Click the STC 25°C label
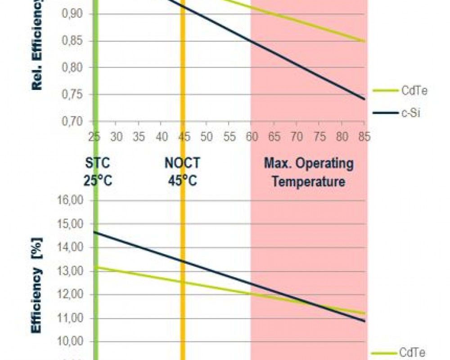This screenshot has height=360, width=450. [x=97, y=172]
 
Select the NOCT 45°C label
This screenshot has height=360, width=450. [x=182, y=172]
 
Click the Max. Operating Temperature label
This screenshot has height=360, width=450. [x=309, y=172]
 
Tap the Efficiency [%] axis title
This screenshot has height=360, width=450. [x=38, y=286]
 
